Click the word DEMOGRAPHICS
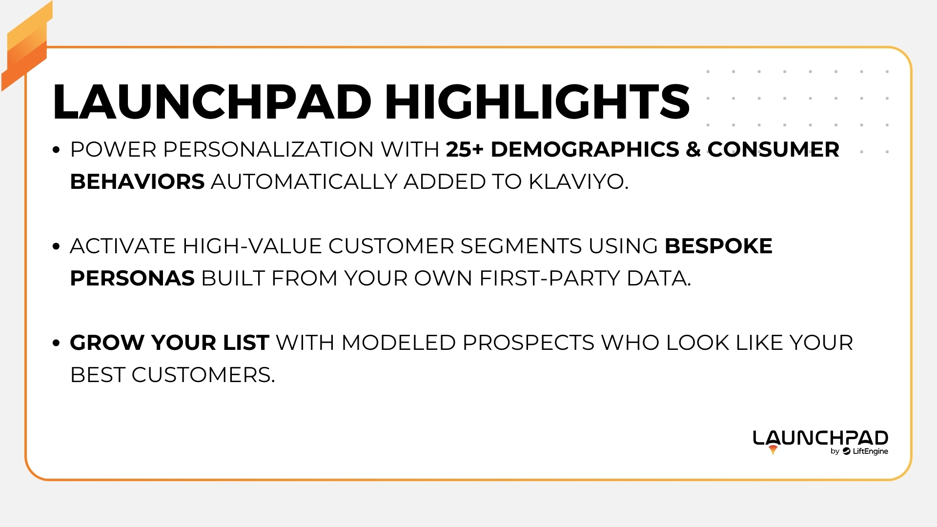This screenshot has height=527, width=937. tap(585, 149)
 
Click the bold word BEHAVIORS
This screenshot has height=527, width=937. tap(137, 182)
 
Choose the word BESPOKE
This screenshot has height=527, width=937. tap(718, 246)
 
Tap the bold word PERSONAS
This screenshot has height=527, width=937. tap(132, 278)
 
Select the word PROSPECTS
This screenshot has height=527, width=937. tap(528, 343)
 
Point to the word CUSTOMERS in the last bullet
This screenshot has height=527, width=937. tap(203, 375)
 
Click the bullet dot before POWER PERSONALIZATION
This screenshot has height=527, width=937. tap(56, 150)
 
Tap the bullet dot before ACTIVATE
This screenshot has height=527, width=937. tap(56, 246)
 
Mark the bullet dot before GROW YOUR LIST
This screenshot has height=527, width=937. tap(56, 343)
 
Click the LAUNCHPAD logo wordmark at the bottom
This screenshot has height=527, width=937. tap(820, 438)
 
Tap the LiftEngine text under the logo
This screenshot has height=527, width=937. tap(870, 451)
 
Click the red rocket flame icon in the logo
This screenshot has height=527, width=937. tap(773, 450)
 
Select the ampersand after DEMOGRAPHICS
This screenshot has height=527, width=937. tap(693, 149)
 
